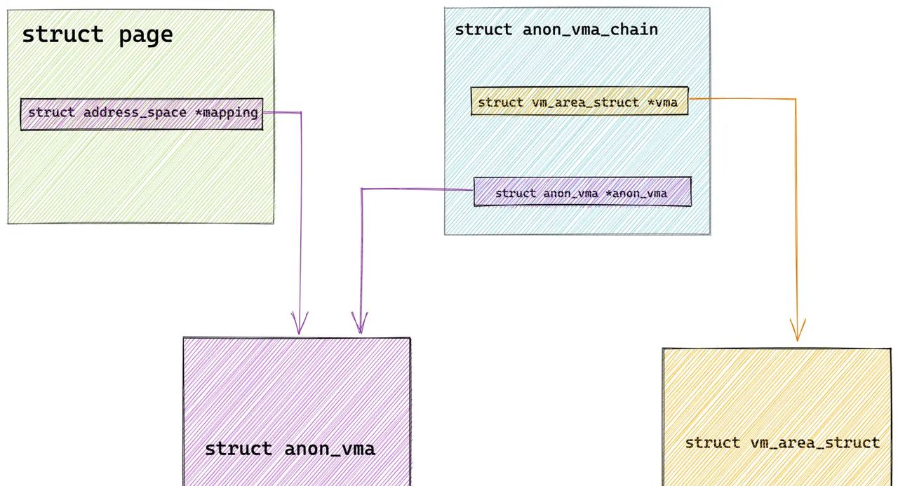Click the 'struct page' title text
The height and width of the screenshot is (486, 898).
pyautogui.click(x=98, y=35)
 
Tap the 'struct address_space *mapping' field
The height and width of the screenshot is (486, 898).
pyautogui.click(x=142, y=114)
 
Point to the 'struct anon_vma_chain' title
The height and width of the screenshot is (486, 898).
pyautogui.click(x=556, y=29)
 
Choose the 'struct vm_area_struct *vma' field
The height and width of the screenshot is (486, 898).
pyautogui.click(x=578, y=102)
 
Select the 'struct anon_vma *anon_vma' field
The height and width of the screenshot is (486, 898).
pyautogui.click(x=582, y=193)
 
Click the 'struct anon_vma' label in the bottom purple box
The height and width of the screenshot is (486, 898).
pyautogui.click(x=290, y=449)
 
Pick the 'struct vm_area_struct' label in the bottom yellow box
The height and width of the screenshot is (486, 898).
pyautogui.click(x=782, y=443)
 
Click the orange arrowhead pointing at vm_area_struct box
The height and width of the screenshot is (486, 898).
pyautogui.click(x=797, y=333)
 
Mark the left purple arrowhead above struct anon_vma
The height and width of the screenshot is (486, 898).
pyautogui.click(x=299, y=326)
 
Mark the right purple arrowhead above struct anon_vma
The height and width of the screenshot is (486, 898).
pyautogui.click(x=360, y=326)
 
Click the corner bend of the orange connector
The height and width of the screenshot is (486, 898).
pyautogui.click(x=795, y=100)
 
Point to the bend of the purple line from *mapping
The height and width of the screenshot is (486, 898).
pyautogui.click(x=301, y=113)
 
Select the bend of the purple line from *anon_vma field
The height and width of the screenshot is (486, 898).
pyautogui.click(x=361, y=189)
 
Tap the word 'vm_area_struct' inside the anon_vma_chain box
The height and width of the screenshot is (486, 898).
pyautogui.click(x=582, y=102)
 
